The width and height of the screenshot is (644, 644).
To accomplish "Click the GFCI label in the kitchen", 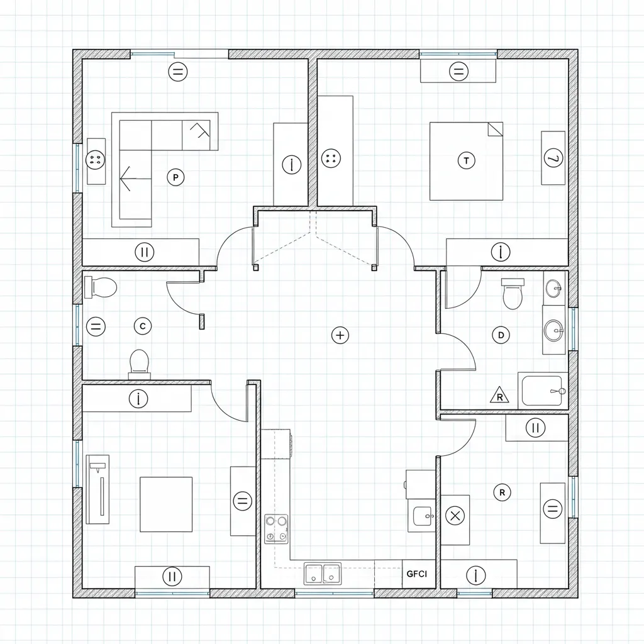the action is pos(416,574).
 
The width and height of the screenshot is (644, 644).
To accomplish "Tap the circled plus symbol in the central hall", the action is pos(340,335).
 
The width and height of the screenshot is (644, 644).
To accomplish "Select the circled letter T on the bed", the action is pos(466,160).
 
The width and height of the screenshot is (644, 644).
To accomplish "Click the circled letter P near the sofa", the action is pos(175,177).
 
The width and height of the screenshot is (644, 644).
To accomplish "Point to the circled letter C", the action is pos(143,326).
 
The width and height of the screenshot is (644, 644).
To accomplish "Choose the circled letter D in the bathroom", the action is pos(501,335).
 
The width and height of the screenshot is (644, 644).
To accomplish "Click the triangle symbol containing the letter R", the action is pos(499,395).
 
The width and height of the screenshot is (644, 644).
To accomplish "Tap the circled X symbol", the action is pos(455,516).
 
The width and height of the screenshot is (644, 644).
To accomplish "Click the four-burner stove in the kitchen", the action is pos(276,529).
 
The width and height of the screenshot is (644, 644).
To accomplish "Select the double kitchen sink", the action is pos(323,574).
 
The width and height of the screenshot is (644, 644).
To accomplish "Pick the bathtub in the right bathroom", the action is pos(543,391).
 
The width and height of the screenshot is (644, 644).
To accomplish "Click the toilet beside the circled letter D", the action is pos(512,293).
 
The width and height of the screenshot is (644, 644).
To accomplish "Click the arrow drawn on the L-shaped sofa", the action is pos(135,179).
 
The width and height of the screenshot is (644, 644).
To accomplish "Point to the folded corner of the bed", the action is pos(496,128).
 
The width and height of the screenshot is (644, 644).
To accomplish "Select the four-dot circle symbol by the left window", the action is pos(96,159).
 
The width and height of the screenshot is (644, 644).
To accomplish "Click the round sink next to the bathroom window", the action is pos(554,330).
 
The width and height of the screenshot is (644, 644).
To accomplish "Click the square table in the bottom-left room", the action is pos(166,504).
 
